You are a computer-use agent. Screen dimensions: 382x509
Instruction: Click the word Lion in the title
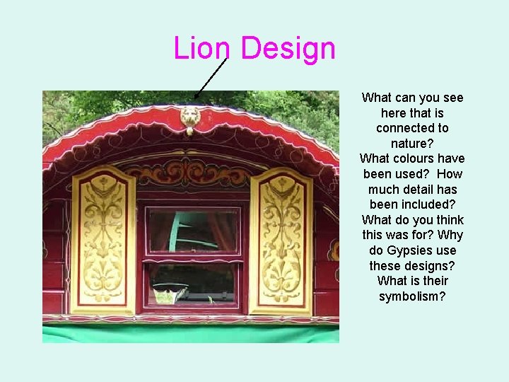pos(201,49)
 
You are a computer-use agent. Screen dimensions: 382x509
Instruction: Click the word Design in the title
pos(288,49)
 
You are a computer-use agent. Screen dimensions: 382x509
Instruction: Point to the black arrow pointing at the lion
pos(210,77)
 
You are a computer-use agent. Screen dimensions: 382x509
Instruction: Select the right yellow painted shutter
pos(281,241)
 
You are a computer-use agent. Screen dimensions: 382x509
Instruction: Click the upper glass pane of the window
pos(193,229)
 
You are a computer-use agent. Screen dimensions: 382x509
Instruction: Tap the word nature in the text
pos(412,144)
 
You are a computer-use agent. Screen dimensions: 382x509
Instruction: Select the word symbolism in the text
pos(412,296)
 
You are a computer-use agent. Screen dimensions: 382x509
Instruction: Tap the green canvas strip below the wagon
pos(191,333)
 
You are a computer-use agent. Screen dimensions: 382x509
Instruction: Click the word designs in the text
pos(431,266)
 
